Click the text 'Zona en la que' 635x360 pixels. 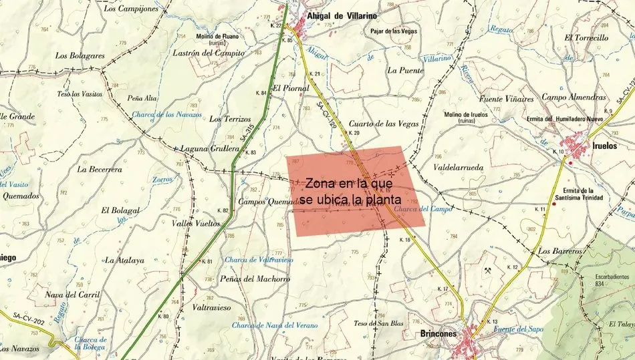(x=347, y=184)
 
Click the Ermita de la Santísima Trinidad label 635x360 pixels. (x=579, y=194)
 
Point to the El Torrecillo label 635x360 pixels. (x=586, y=38)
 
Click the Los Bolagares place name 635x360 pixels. (x=80, y=56)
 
